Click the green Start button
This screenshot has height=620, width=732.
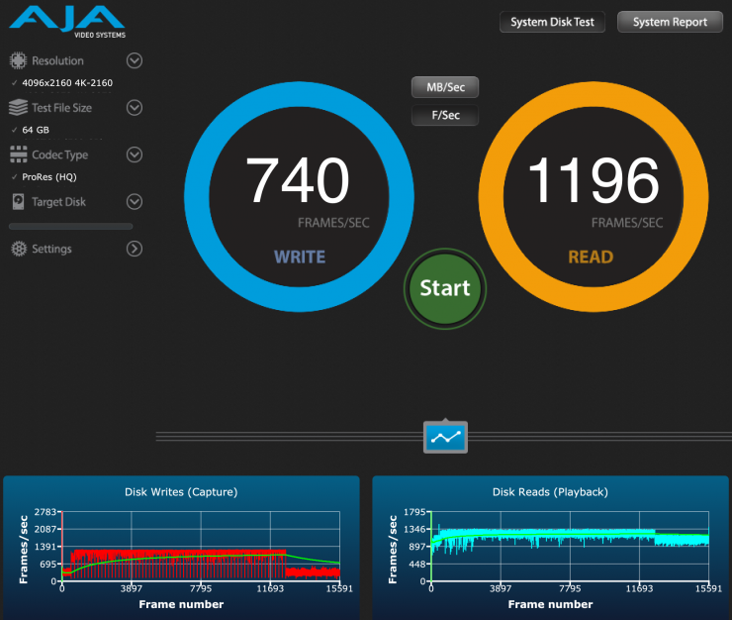[445, 287]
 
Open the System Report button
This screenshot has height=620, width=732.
[670, 22]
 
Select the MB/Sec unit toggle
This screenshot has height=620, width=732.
[445, 87]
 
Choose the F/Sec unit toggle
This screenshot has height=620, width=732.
[445, 116]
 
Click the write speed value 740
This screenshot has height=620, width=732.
[298, 181]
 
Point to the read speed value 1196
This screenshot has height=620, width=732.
[593, 181]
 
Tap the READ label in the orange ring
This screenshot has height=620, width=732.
[591, 258]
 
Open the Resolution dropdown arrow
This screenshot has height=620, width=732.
[135, 60]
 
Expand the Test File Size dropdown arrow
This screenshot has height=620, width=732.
[135, 107]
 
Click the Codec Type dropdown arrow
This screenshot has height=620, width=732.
[135, 155]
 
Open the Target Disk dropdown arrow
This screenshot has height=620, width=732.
[135, 202]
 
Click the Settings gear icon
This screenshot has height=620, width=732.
[19, 249]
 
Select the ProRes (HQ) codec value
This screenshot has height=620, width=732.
[49, 177]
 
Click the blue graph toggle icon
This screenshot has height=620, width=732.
[445, 436]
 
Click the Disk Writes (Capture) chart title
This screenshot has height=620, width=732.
[181, 491]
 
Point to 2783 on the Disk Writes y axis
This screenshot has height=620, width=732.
[46, 513]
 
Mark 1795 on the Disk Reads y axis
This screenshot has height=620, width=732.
[413, 513]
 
